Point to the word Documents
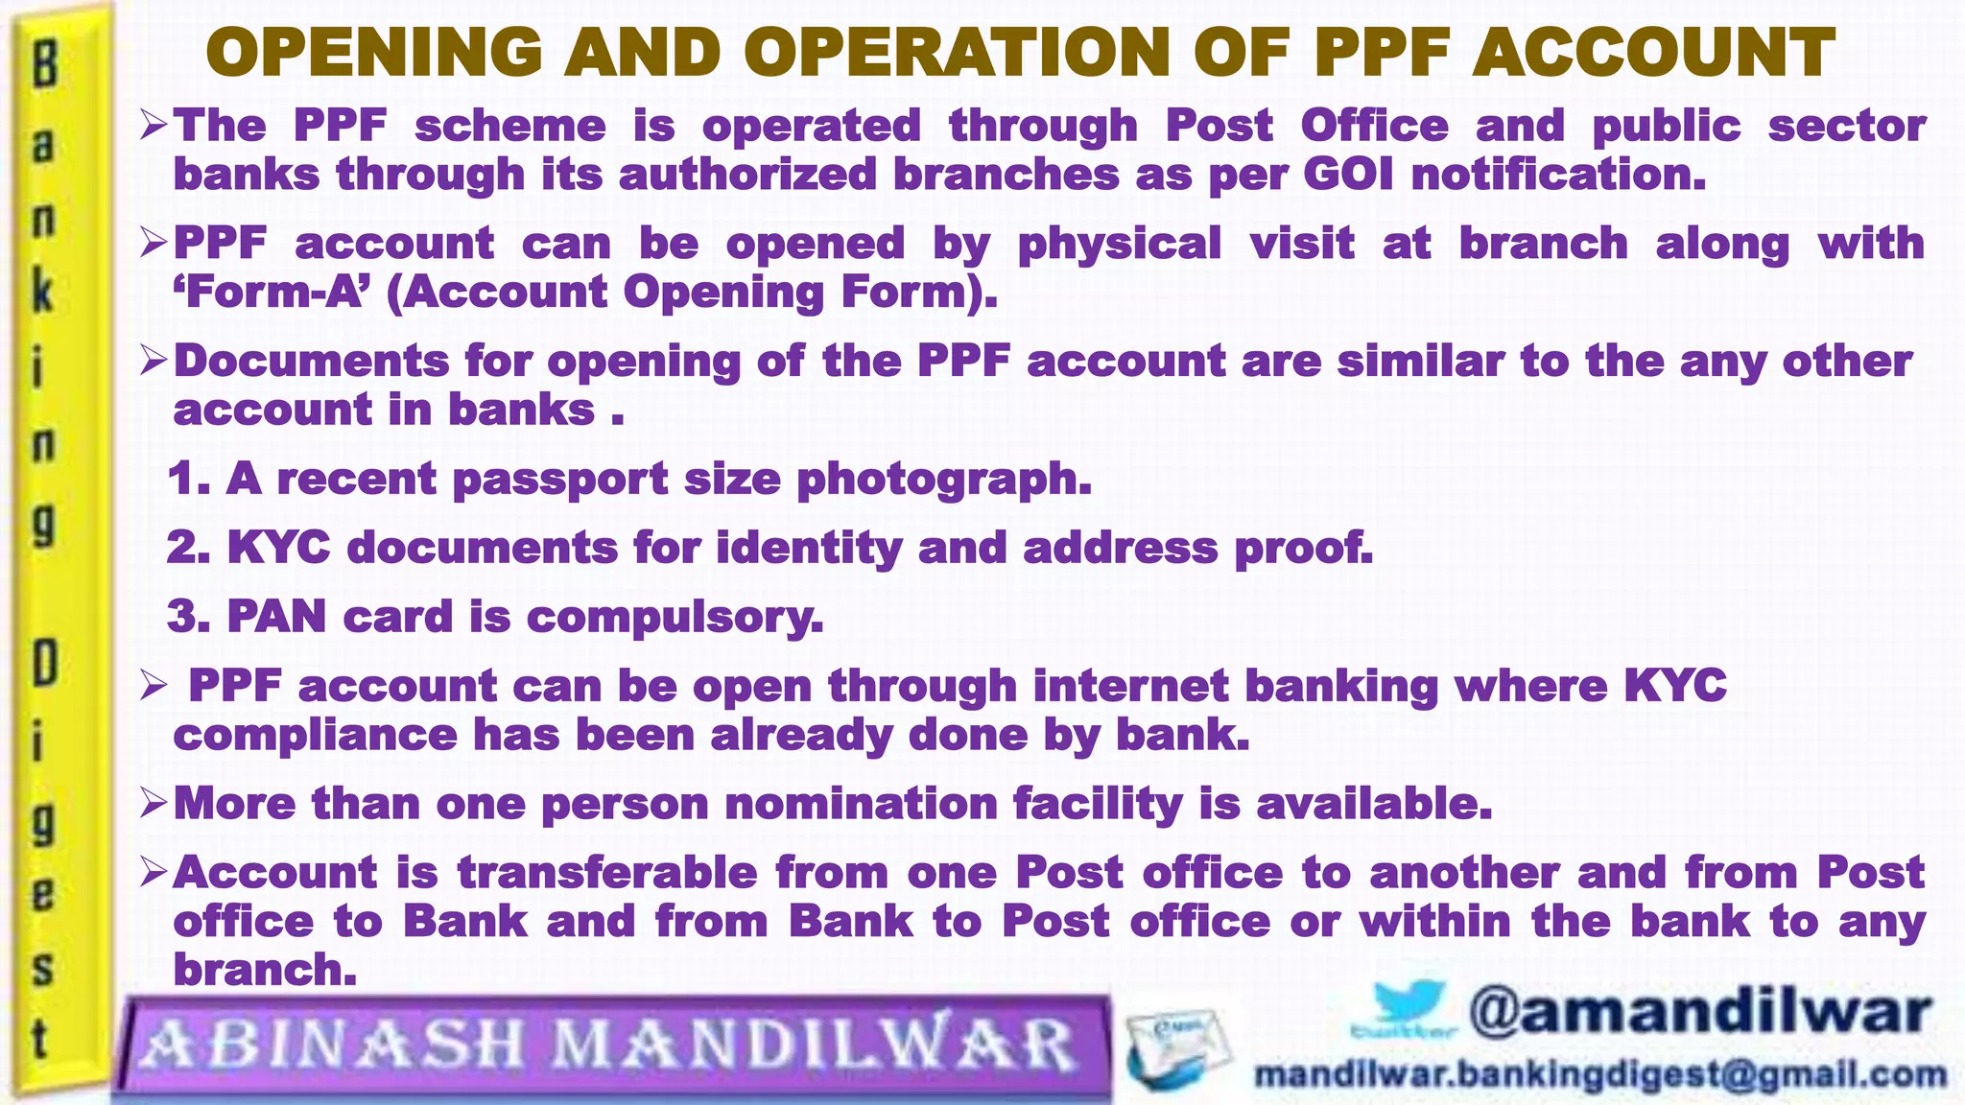(x=312, y=362)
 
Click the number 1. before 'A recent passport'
(x=189, y=478)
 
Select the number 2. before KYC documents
(x=189, y=547)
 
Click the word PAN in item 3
(x=277, y=616)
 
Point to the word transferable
(x=608, y=872)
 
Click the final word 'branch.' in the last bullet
(x=265, y=970)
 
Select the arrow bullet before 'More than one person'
(x=154, y=802)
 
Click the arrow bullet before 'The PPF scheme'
(x=154, y=125)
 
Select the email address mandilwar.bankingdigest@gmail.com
(x=1600, y=1074)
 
